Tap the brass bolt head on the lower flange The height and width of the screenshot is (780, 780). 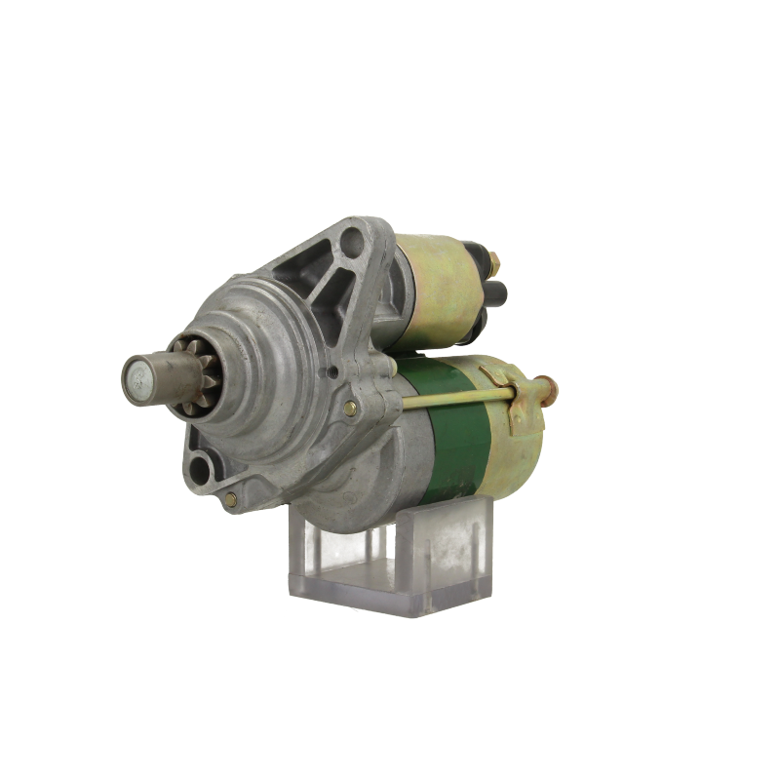tap(229, 500)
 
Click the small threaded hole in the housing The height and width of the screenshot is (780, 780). tap(333, 370)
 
